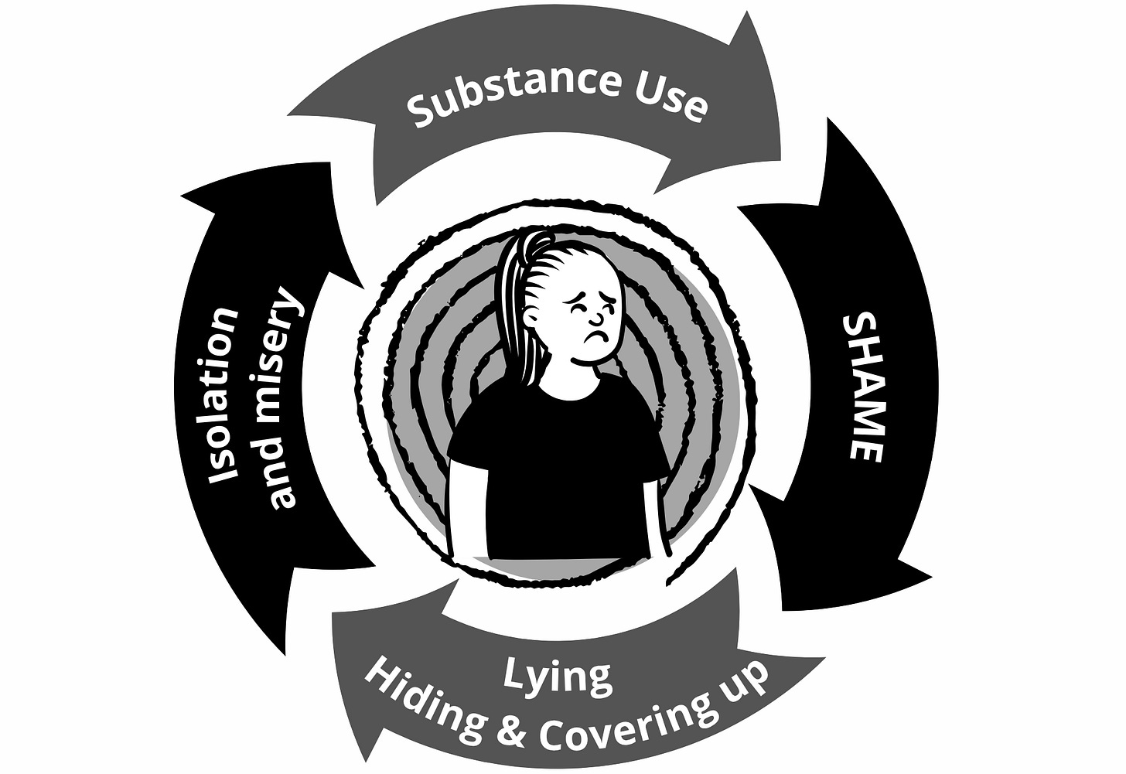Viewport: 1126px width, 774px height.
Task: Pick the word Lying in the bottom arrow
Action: coord(557,677)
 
